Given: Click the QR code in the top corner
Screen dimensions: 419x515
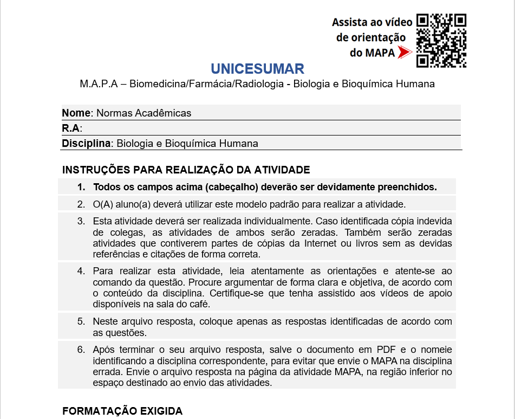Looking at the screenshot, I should coord(441,40).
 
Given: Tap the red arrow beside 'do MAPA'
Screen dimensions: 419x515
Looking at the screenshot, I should coord(404,52).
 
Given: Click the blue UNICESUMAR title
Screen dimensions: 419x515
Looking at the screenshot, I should coord(257,69).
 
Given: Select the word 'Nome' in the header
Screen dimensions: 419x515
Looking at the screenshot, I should coord(76,113).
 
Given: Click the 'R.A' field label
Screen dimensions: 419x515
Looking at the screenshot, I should coord(71,128).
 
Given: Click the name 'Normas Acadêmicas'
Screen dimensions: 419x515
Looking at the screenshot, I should coord(144,113).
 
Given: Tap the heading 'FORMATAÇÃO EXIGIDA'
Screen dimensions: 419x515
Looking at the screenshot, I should coord(122,411).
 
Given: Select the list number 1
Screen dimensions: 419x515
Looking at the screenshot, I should coord(81,187).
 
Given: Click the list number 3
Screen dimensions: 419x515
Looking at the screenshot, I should coord(81,221).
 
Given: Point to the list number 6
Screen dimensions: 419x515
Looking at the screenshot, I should coord(81,350).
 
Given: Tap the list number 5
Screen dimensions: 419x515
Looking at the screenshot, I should coord(81,321).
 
